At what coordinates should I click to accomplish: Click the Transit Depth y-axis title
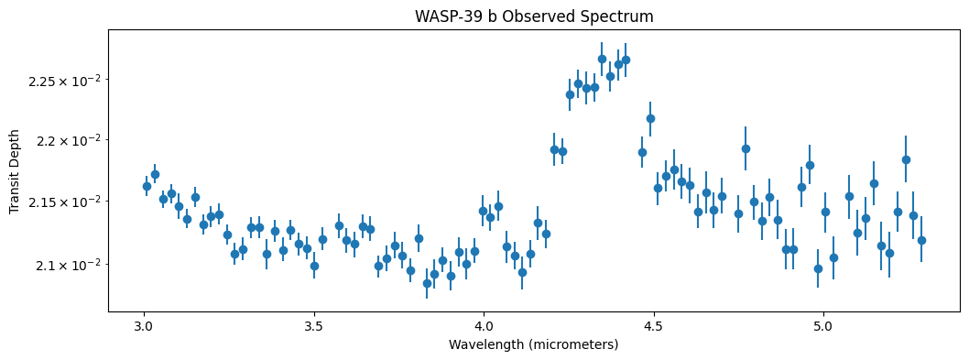pos(14,170)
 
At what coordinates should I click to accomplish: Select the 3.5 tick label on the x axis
pos(314,326)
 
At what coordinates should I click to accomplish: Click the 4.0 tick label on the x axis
pos(484,326)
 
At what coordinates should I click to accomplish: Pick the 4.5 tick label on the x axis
pos(654,326)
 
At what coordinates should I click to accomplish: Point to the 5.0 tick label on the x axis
pos(823,326)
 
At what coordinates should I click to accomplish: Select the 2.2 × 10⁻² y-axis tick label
pos(67,140)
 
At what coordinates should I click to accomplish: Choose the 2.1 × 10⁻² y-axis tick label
pos(67,265)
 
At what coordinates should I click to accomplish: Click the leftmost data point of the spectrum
pos(147,186)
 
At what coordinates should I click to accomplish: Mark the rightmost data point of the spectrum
pos(921,240)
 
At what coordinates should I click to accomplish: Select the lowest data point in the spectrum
pos(427,283)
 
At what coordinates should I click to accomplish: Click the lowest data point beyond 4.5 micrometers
pos(818,268)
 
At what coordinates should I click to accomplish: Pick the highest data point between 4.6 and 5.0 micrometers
pos(746,148)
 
